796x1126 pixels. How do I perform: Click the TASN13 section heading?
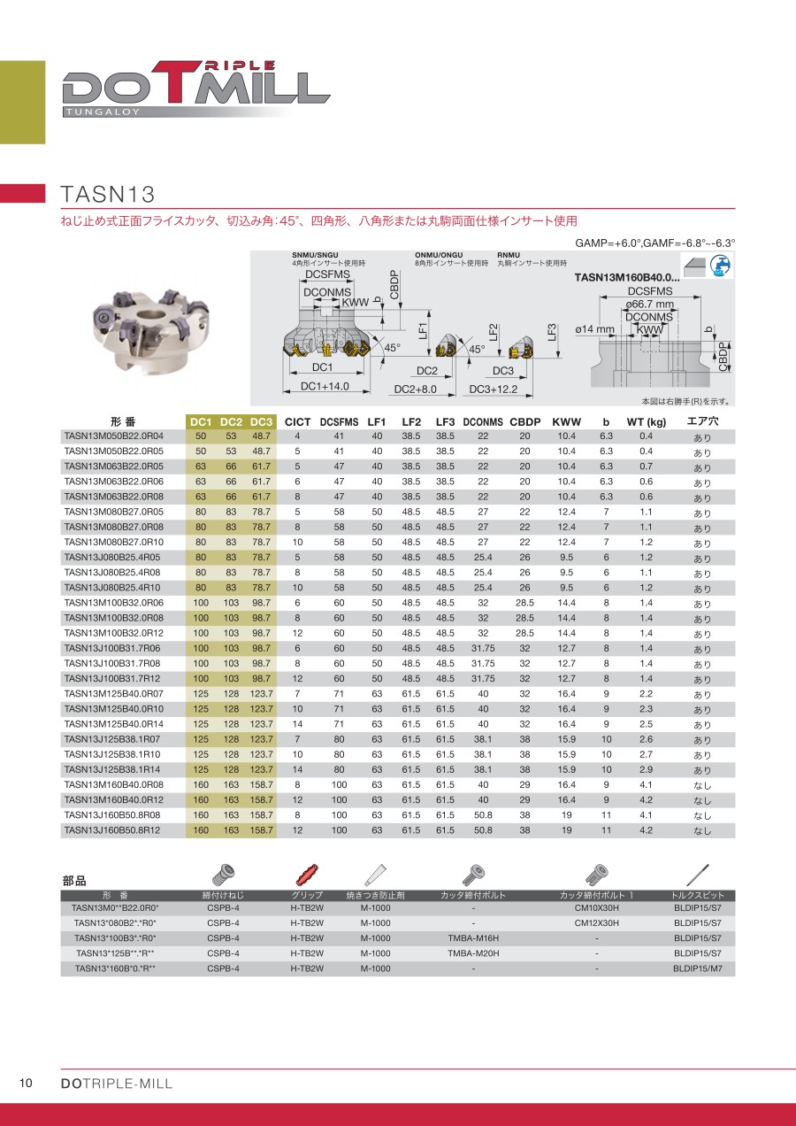[107, 194]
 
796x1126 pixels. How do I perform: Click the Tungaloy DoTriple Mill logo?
[195, 89]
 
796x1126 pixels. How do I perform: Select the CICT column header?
[297, 422]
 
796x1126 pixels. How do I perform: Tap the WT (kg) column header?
[647, 422]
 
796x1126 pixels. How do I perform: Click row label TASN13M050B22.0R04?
[113, 436]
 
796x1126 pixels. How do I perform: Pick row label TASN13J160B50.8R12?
[111, 830]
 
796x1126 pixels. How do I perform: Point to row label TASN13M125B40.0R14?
[113, 724]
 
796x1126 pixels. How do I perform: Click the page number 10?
[27, 1084]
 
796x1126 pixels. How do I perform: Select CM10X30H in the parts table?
[597, 908]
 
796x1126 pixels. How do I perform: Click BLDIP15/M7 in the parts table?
[698, 968]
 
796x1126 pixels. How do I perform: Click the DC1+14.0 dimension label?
[325, 387]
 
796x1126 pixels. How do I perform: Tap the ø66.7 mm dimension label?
[649, 304]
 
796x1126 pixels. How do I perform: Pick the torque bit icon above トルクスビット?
[699, 874]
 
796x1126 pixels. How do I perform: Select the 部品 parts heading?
[75, 882]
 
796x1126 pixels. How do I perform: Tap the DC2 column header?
[231, 422]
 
